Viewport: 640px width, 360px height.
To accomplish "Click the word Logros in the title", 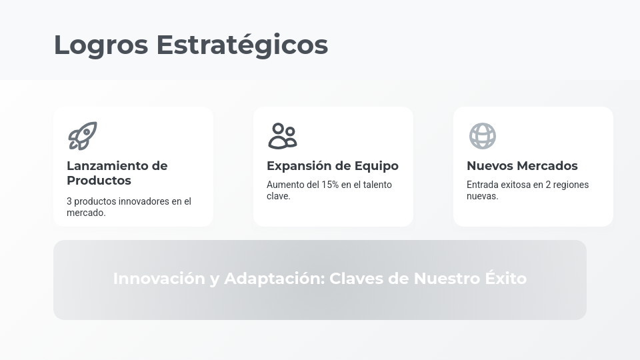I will pyautogui.click(x=101, y=45).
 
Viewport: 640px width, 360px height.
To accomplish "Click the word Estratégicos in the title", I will pyautogui.click(x=242, y=45).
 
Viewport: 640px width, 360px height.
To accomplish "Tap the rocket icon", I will pyautogui.click(x=83, y=136).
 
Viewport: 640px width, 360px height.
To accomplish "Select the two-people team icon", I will pyautogui.click(x=282, y=136).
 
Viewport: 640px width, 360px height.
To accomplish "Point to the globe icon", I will pyautogui.click(x=482, y=136).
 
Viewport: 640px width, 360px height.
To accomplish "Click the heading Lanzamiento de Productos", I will pyautogui.click(x=117, y=173).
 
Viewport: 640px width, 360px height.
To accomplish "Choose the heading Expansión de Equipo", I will pyautogui.click(x=332, y=166).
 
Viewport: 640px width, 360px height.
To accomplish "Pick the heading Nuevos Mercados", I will pyautogui.click(x=522, y=166).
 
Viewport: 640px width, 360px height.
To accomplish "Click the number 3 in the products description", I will pyautogui.click(x=69, y=201).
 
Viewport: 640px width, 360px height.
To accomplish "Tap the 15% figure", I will pyautogui.click(x=330, y=185).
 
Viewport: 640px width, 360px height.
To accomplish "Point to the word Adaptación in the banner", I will pyautogui.click(x=274, y=279).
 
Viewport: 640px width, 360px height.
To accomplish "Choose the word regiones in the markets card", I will pyautogui.click(x=571, y=185).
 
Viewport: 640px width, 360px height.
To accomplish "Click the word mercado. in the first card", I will pyautogui.click(x=86, y=213).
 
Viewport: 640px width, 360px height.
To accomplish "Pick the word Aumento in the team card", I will pyautogui.click(x=284, y=185).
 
